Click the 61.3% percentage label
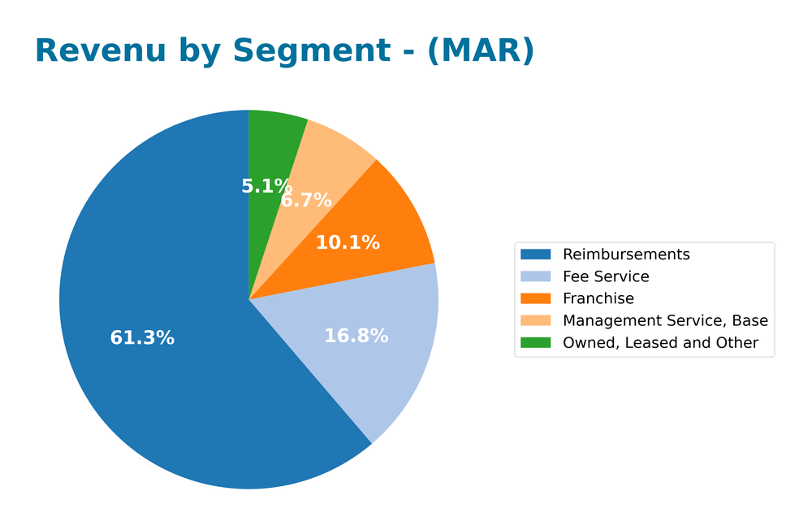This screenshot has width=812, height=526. point(142,338)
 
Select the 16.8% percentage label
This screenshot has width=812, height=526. point(356,336)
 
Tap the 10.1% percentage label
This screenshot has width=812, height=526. point(348,242)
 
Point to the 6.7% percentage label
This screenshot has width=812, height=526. point(307,200)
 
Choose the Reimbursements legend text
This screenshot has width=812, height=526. point(626,254)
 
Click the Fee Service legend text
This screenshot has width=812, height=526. point(606,276)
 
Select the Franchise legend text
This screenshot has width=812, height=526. point(598,298)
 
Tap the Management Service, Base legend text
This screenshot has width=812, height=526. point(665,320)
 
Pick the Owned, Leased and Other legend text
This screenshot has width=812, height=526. point(660,343)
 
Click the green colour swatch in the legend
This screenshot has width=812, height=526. point(536,343)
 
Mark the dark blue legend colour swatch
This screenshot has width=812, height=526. point(536,254)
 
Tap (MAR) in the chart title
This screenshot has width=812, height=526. point(481,51)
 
